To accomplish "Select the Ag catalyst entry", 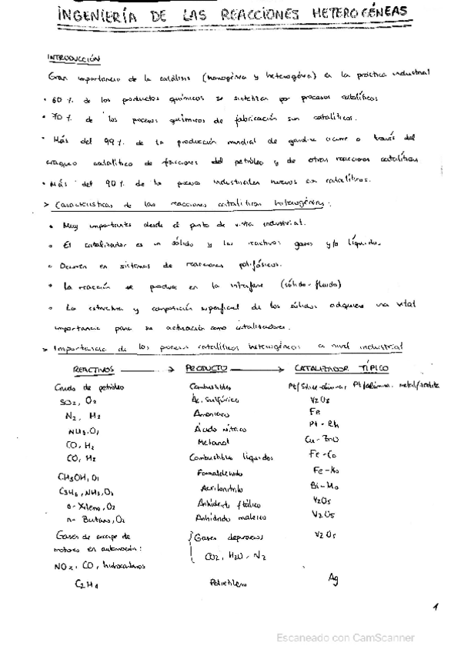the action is [x=332, y=578].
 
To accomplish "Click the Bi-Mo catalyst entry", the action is [x=322, y=487].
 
